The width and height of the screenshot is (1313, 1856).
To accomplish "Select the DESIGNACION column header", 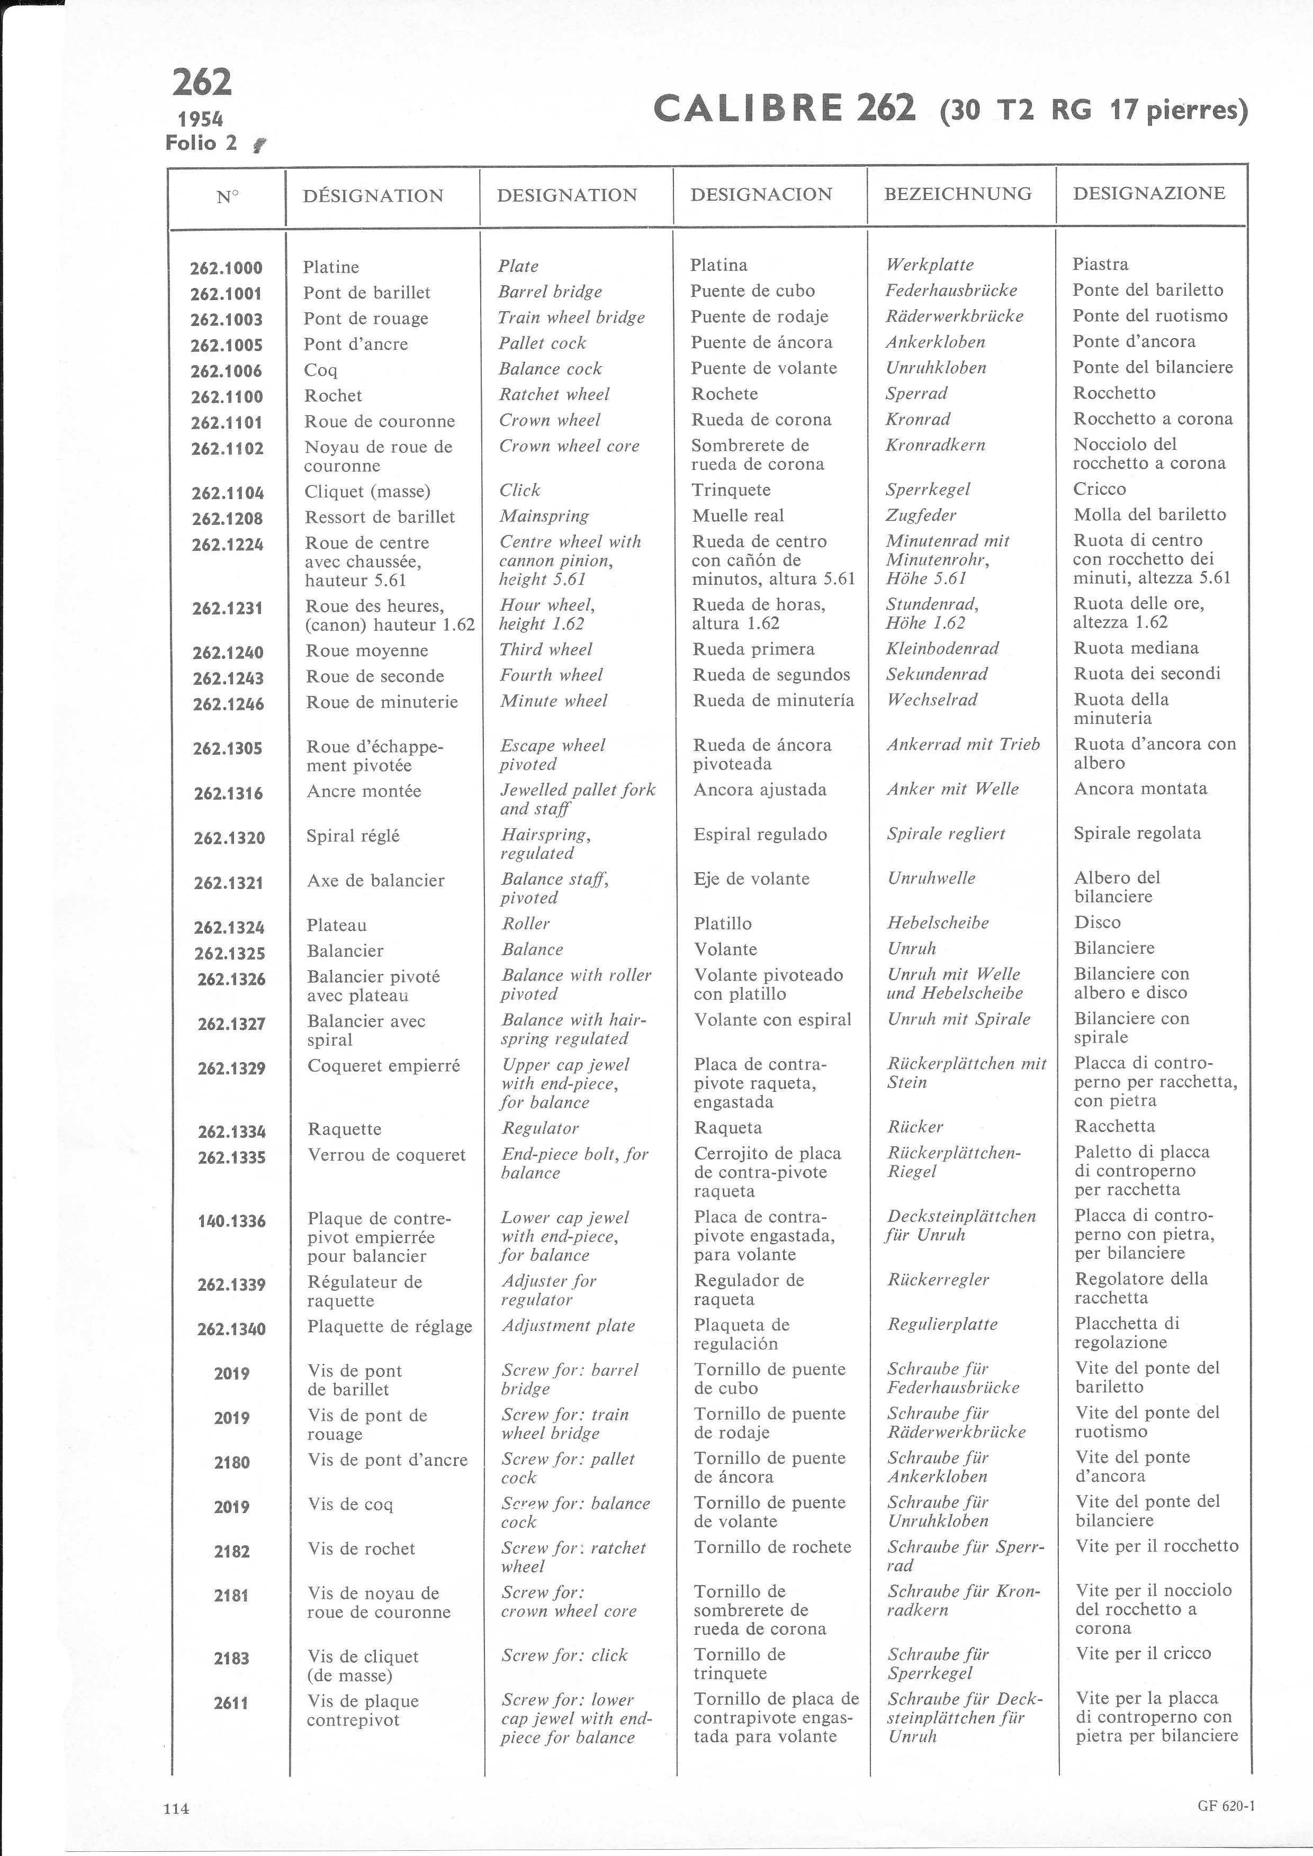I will (761, 194).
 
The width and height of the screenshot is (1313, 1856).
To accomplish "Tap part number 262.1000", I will (227, 268).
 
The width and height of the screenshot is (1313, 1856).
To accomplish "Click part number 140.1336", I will (231, 1220).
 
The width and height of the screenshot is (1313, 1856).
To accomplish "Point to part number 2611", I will (231, 1703).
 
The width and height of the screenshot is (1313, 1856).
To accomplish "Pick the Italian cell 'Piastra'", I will (1100, 264).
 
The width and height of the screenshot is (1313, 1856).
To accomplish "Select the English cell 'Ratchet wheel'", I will (554, 394).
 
